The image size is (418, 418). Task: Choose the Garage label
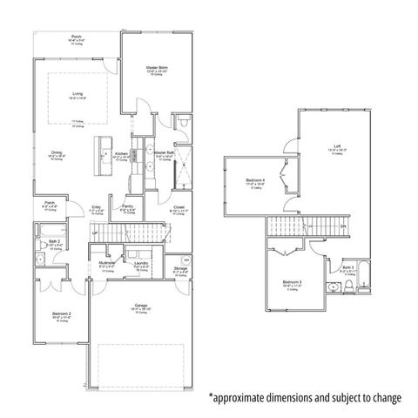[139, 305]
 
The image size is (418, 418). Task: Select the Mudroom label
[106, 262]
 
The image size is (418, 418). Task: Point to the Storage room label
[180, 268]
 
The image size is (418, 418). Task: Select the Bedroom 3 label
[292, 283]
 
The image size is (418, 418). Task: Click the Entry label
[98, 206]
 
